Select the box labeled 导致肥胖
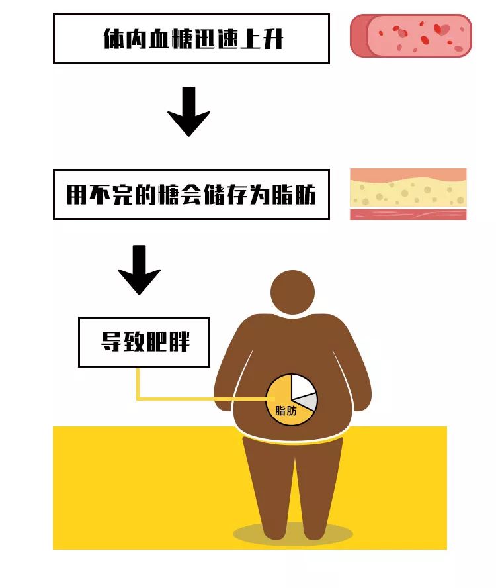tap(144, 342)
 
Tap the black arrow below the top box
tap(188, 111)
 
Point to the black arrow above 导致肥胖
tap(139, 269)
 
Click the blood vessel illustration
tap(411, 36)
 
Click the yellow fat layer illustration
tap(408, 193)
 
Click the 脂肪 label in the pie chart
tap(286, 411)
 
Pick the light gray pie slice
tap(308, 402)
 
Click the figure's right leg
tap(317, 490)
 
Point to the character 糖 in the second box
tap(170, 195)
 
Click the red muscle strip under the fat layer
tap(408, 215)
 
